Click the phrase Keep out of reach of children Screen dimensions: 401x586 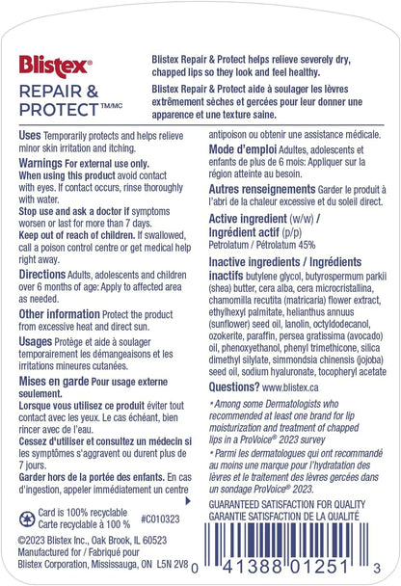pos(74,218)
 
